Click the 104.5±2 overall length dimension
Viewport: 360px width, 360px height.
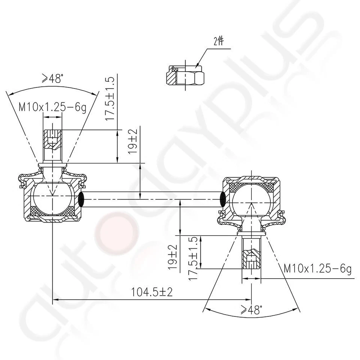pyautogui.click(x=151, y=292)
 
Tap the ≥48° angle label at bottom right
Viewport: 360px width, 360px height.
pyautogui.click(x=250, y=310)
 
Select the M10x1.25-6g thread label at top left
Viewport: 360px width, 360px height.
pyautogui.click(x=52, y=108)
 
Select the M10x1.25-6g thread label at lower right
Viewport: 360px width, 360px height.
pyautogui.click(x=317, y=269)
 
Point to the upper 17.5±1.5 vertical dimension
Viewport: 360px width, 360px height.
pyautogui.click(x=109, y=98)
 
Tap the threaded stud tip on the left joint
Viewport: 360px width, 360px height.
pyautogui.click(x=52, y=139)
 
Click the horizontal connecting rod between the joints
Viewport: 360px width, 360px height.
pyautogui.click(x=152, y=199)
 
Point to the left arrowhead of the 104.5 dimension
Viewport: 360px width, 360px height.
pyautogui.click(x=55, y=299)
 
